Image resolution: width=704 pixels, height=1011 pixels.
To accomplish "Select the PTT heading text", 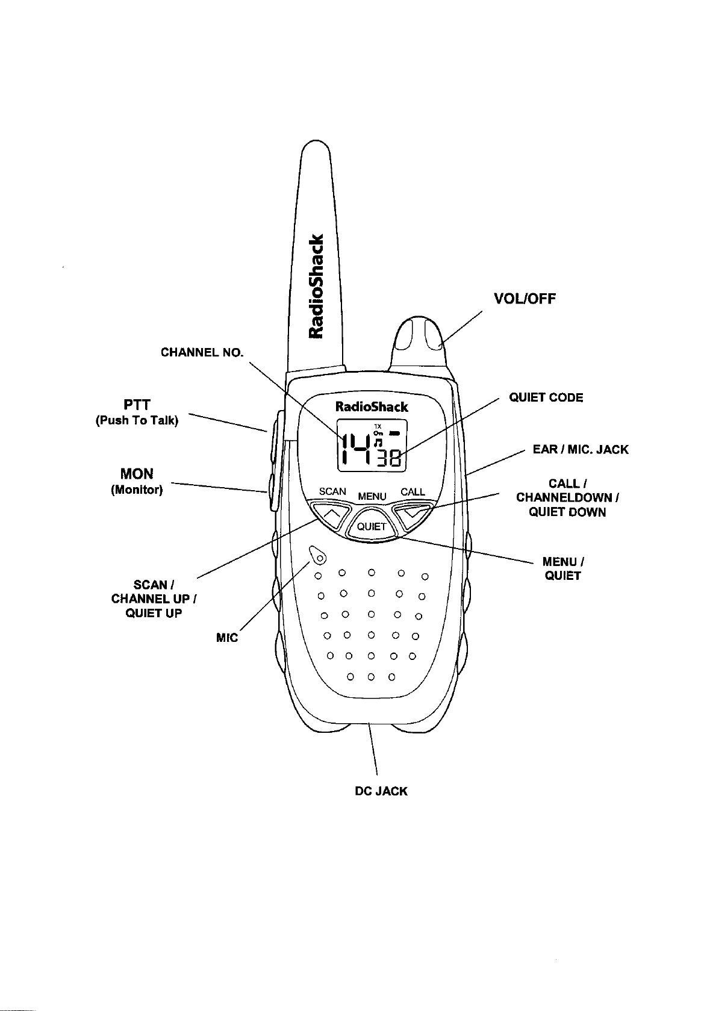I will tap(137, 404).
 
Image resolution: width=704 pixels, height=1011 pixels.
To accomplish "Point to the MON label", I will tap(137, 474).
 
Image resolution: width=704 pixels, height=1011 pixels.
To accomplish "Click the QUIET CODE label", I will tap(546, 397).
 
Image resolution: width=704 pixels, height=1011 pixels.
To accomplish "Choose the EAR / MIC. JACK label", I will tap(580, 450).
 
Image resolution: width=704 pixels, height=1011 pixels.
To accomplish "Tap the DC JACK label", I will tap(381, 791).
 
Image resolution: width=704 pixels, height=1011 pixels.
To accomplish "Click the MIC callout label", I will tap(226, 637).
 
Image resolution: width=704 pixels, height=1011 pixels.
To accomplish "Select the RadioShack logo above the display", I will tap(371, 406).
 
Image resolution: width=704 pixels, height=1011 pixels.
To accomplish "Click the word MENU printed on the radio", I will tap(372, 496).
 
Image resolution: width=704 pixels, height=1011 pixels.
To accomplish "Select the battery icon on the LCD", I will tap(395, 433).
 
